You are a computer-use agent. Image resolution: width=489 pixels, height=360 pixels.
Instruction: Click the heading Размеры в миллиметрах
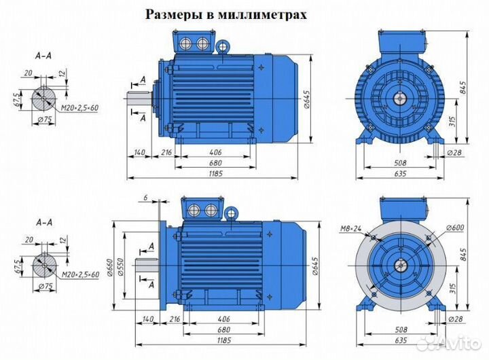(245, 14)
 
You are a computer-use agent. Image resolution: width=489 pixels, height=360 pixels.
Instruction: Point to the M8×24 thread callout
(351, 228)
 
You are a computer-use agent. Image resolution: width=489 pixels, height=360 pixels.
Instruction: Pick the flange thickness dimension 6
(145, 198)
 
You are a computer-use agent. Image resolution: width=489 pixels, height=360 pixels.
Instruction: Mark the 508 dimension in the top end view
(401, 163)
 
